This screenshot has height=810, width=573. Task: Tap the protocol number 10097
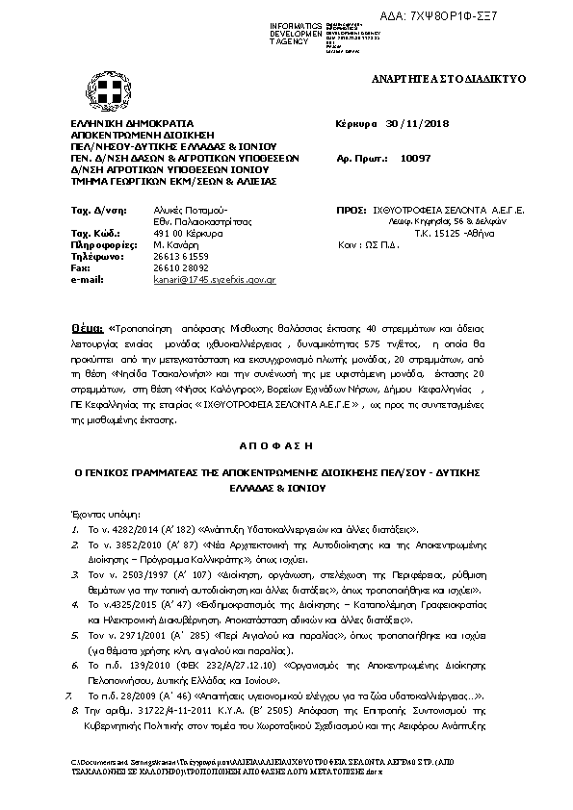(x=412, y=155)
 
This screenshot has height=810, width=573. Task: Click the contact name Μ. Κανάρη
(x=174, y=246)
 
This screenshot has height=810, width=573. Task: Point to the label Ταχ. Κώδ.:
(x=94, y=234)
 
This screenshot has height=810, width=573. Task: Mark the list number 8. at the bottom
(x=74, y=708)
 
